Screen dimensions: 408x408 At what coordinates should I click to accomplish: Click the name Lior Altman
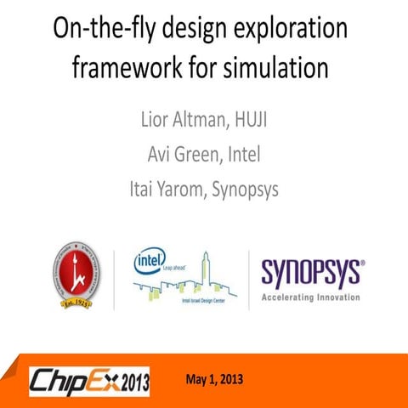tap(180, 117)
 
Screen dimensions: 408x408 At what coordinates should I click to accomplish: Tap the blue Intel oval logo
tap(150, 262)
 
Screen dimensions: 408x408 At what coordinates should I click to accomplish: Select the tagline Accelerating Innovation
tap(310, 297)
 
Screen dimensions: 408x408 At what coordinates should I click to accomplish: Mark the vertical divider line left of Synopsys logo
tap(249, 279)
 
